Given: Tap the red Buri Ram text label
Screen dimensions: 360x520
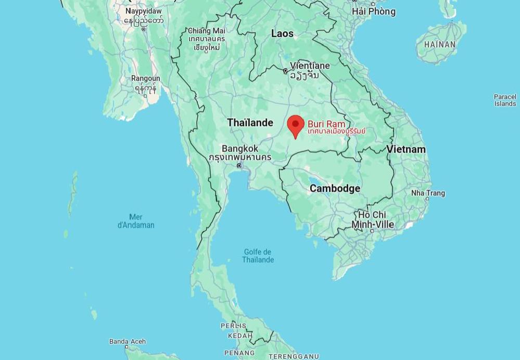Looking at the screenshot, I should [x=326, y=125].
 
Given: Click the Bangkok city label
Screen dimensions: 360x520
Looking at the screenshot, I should [x=239, y=149].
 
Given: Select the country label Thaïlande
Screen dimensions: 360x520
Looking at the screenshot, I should [x=250, y=122].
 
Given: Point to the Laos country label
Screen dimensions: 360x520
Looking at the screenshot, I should [x=282, y=34].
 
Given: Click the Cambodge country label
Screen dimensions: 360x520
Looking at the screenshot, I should [x=335, y=189].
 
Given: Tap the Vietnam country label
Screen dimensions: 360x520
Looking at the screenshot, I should [x=405, y=150].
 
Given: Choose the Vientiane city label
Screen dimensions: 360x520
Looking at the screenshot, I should [x=310, y=66].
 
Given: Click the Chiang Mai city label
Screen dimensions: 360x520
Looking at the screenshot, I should [x=207, y=31].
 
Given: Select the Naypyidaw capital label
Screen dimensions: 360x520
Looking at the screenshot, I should [x=144, y=11].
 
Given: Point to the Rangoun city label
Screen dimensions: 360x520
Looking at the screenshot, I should [x=145, y=79].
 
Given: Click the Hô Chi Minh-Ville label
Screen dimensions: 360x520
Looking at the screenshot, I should [x=372, y=219].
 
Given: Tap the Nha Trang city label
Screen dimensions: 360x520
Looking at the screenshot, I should [x=428, y=193].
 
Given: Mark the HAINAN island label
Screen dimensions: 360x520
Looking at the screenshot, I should [x=439, y=45].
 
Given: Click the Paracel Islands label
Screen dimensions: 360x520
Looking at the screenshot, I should [x=505, y=100].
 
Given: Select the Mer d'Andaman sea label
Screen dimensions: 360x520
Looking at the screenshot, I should [x=136, y=221].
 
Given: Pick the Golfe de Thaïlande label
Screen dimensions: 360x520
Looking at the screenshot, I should [x=258, y=256].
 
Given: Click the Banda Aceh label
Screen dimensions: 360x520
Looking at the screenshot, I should [x=128, y=342].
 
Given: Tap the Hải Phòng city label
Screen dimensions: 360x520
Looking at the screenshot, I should [x=373, y=11].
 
